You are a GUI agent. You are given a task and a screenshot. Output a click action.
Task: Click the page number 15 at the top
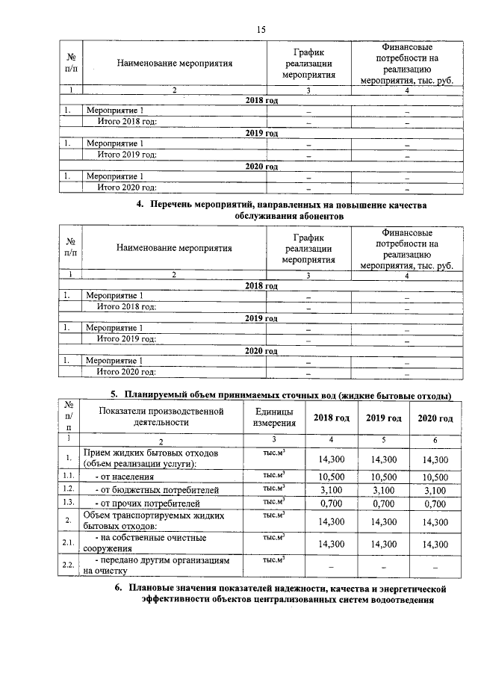pyautogui.click(x=261, y=30)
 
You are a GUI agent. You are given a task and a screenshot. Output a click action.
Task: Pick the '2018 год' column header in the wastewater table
pyautogui.click(x=331, y=418)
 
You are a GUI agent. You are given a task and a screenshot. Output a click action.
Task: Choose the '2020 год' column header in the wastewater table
pyautogui.click(x=435, y=418)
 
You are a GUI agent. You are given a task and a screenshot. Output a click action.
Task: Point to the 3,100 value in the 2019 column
pyautogui.click(x=383, y=490)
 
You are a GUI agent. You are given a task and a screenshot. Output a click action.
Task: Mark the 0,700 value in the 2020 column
pyautogui.click(x=435, y=503)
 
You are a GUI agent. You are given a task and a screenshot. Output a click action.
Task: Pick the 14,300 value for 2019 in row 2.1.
pyautogui.click(x=383, y=544)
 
